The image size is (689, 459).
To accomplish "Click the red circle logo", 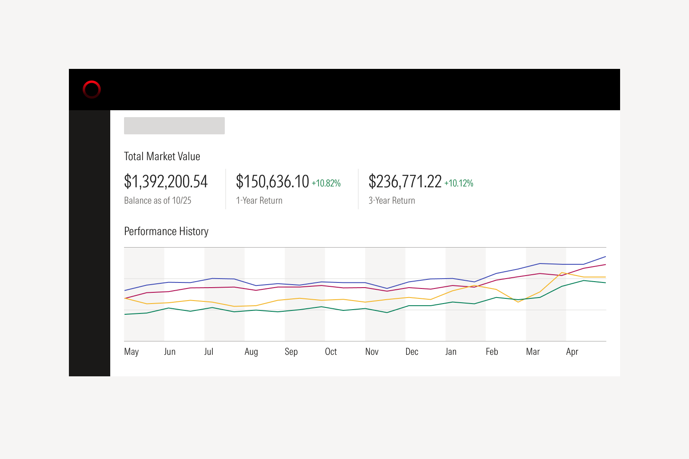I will [x=92, y=90].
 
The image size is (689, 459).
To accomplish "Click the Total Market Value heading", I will [x=162, y=156].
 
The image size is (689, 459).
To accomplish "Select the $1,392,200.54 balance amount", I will [x=166, y=182].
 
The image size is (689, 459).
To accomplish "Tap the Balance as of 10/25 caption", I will [x=158, y=201].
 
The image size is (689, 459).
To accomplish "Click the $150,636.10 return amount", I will [x=272, y=182].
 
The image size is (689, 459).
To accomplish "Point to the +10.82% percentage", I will [x=326, y=183].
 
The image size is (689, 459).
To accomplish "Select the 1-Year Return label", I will [x=259, y=201].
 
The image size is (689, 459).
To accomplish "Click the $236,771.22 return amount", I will [x=405, y=182].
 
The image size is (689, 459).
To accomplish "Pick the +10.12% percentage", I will [x=459, y=183].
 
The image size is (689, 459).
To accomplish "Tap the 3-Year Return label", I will [x=392, y=201].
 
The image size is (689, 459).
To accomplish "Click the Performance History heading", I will [x=166, y=232].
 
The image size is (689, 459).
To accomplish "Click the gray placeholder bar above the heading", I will [x=174, y=126].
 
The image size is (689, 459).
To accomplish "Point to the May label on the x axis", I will [x=131, y=352].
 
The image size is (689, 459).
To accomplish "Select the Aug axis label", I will [x=251, y=352].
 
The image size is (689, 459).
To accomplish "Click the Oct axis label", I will [x=331, y=352].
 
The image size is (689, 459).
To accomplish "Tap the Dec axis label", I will [x=412, y=352].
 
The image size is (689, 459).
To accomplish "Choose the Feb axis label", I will [x=492, y=352].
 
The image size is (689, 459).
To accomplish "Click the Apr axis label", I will [x=572, y=352].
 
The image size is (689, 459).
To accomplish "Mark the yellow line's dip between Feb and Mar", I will [x=518, y=302].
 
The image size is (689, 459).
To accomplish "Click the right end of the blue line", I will [x=605, y=257].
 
